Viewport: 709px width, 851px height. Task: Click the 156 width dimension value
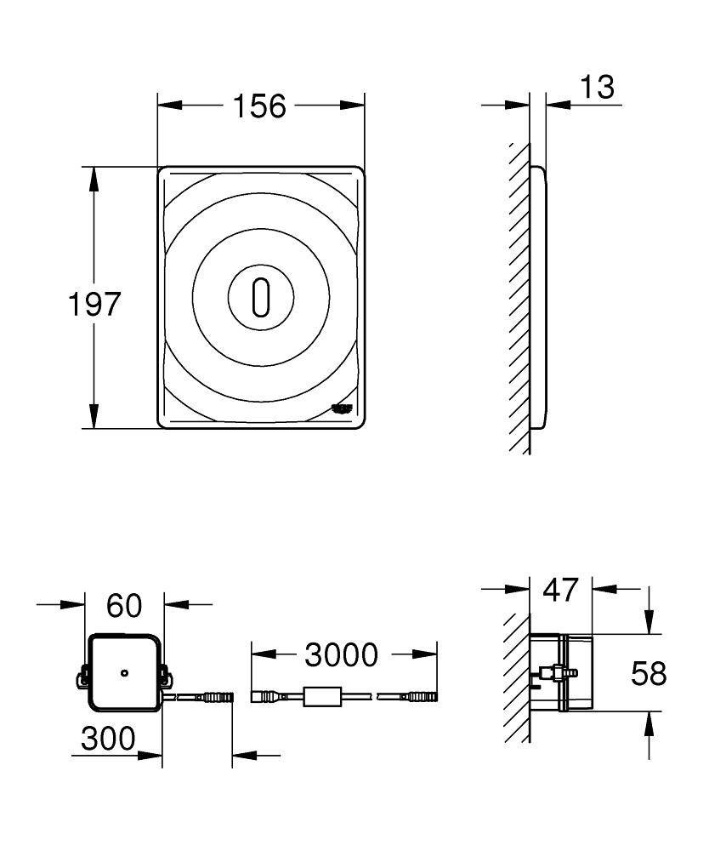point(259,106)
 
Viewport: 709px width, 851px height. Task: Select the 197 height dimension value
point(94,304)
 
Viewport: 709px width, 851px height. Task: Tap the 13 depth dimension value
point(598,87)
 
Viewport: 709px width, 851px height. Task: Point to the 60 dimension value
point(124,605)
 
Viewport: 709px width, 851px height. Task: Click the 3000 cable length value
point(342,654)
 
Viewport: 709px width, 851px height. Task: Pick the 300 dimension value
point(108,739)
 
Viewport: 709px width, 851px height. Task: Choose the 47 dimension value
point(560,590)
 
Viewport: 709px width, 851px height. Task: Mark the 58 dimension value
point(649,673)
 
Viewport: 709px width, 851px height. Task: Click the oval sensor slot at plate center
point(261,297)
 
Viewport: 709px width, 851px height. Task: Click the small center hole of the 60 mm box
point(124,673)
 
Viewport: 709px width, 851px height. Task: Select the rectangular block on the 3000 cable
point(322,697)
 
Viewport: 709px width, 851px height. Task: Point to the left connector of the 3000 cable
point(264,696)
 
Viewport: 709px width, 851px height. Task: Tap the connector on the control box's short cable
point(218,696)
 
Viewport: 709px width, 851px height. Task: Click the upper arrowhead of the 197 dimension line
point(94,179)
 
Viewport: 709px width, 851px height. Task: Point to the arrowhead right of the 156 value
point(352,105)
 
